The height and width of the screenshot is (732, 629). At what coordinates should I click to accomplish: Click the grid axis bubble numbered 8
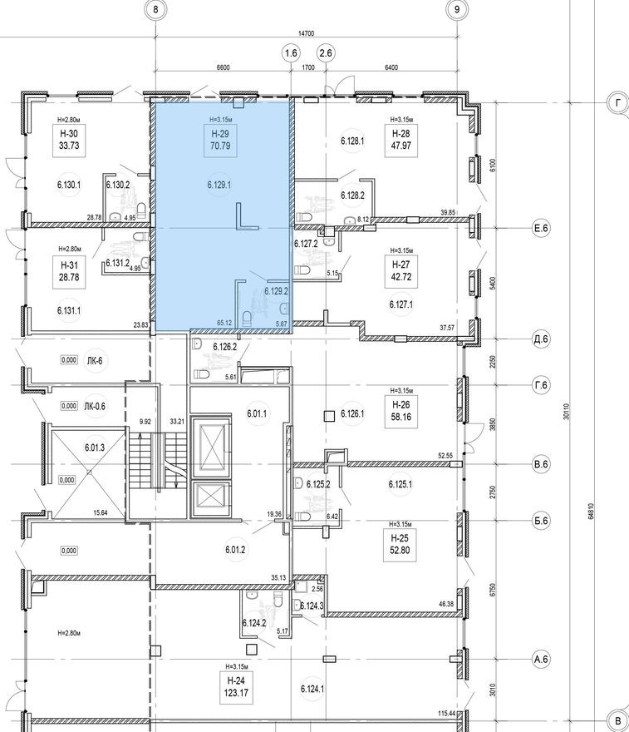(x=155, y=10)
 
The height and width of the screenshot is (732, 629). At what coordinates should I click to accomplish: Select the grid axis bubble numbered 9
(x=457, y=10)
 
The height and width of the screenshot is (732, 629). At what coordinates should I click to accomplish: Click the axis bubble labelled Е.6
(x=543, y=227)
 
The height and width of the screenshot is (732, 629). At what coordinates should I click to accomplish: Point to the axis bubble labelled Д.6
(x=543, y=338)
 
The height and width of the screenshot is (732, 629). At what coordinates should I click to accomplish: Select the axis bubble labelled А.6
(x=543, y=660)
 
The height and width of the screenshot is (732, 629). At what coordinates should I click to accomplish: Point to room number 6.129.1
(x=219, y=185)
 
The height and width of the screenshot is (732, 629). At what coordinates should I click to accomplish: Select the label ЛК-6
(x=94, y=360)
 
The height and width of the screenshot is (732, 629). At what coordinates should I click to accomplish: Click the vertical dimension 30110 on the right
(x=567, y=411)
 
